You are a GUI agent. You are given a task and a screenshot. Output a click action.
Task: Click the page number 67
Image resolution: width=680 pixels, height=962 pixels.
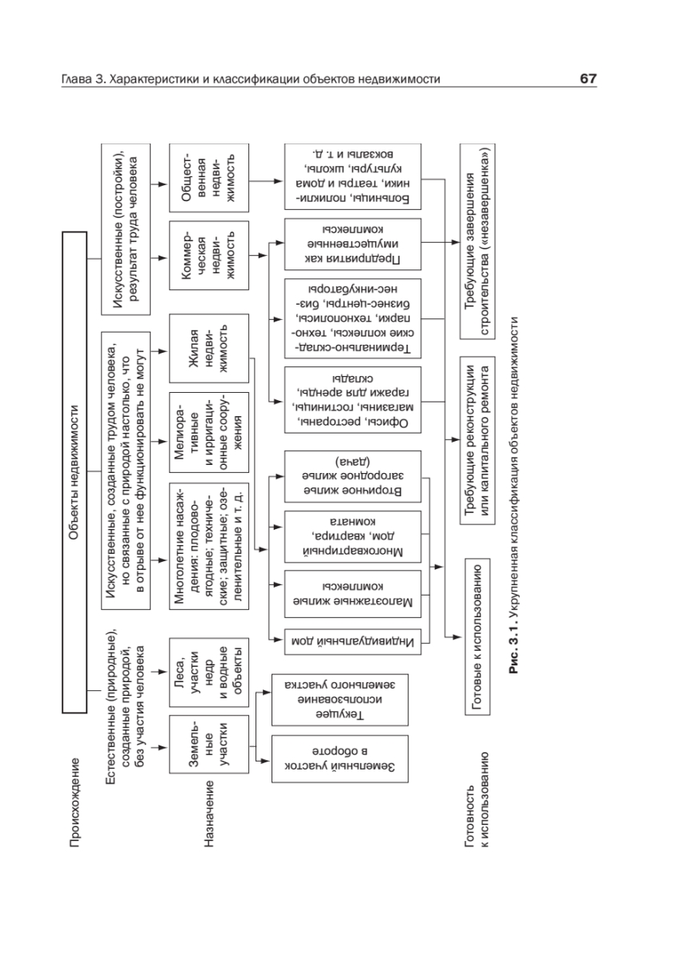point(588,80)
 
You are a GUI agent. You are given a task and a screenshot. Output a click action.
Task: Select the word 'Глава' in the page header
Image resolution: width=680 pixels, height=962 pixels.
point(78,80)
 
